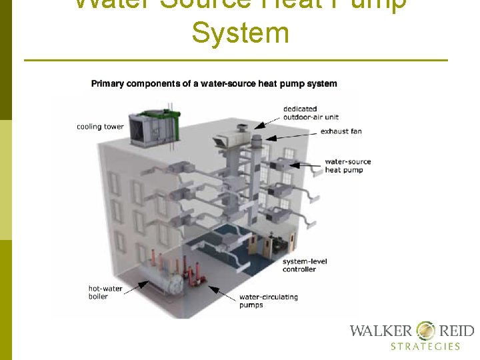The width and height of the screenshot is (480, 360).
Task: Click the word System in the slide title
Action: [240, 33]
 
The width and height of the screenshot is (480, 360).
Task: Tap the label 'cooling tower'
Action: [100, 127]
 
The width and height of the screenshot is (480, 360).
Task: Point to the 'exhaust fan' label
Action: [341, 131]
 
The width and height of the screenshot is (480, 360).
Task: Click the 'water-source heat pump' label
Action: [347, 165]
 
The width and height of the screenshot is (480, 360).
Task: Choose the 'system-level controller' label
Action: [304, 265]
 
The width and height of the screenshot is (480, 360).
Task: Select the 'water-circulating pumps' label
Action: [268, 301]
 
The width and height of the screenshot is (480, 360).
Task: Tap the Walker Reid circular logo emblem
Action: [425, 331]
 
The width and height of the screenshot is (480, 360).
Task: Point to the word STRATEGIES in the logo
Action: [425, 346]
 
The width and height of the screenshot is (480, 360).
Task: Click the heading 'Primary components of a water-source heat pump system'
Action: [214, 84]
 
